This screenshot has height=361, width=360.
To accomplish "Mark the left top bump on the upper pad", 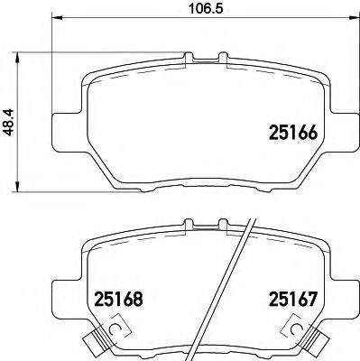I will coord(189,58).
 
